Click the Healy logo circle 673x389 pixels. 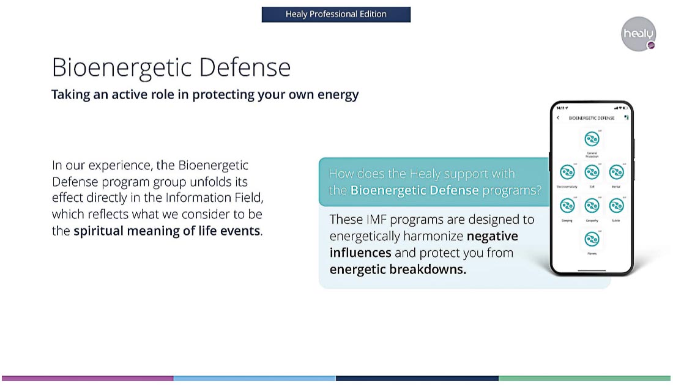tap(638, 34)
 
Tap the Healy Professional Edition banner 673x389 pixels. tap(336, 14)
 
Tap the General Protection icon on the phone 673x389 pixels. tap(592, 139)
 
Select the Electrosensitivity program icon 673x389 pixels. tap(567, 172)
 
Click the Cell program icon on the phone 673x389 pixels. tap(592, 172)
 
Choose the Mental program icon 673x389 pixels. tap(616, 172)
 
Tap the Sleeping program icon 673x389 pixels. tap(567, 206)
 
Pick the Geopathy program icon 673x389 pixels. tap(592, 206)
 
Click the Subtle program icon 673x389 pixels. tap(616, 206)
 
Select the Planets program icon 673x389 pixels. tap(592, 239)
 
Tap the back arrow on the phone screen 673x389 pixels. tap(558, 117)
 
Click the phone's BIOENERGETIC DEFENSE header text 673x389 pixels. tap(591, 117)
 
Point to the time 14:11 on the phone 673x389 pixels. tap(560, 108)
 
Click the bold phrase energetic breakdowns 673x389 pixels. tap(398, 269)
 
